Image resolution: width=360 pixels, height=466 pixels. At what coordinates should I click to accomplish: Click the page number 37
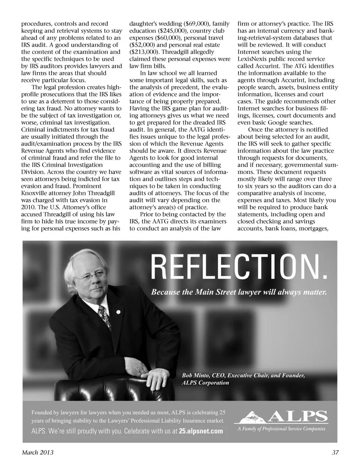click(335, 452)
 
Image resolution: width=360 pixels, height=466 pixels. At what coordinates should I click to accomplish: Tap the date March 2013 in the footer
click(37, 452)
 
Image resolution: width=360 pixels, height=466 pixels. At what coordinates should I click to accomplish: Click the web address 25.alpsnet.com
click(201, 431)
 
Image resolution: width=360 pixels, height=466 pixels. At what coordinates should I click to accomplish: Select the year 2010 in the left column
click(28, 207)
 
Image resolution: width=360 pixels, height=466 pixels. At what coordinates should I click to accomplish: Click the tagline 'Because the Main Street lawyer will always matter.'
click(239, 292)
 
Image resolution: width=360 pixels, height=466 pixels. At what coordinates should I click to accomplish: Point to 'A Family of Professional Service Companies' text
click(281, 428)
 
